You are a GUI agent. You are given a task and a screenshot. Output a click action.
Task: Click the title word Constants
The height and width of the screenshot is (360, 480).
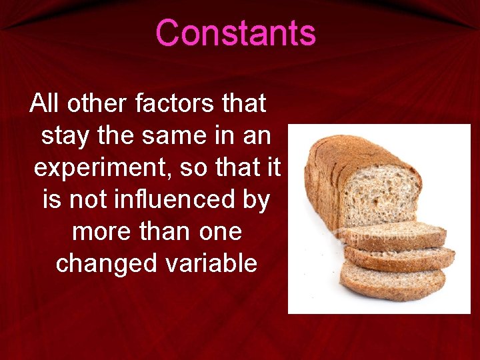click(235, 33)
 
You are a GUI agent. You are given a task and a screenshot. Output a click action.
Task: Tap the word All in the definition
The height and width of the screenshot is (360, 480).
click(45, 104)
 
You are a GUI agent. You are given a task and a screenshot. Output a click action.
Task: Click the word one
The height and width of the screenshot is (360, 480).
click(221, 231)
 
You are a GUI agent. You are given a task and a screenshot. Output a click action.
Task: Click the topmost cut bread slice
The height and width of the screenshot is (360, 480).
click(393, 235)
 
